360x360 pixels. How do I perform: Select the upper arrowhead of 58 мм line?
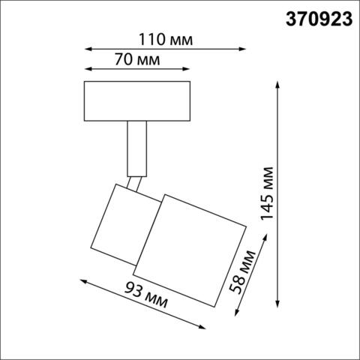[264, 236]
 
